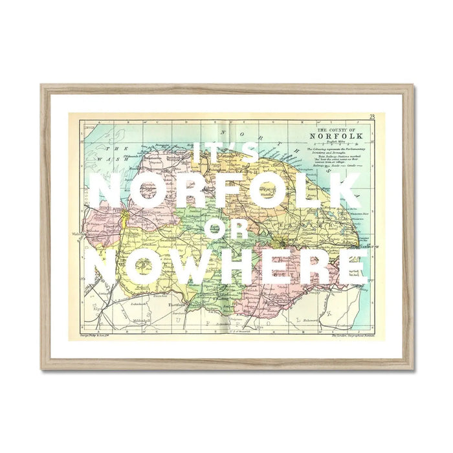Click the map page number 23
[372, 116]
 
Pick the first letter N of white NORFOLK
[107, 192]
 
